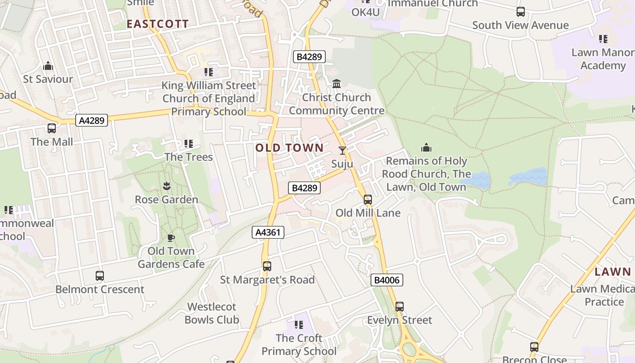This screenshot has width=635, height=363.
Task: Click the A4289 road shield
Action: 92,120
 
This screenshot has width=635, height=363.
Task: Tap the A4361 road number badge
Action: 268,233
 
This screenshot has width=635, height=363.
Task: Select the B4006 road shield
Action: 387,280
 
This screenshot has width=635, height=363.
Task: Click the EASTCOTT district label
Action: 157,24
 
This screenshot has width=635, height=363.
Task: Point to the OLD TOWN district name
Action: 289,148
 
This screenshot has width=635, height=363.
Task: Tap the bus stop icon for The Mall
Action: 52,128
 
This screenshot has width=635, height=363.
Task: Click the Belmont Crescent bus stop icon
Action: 100,276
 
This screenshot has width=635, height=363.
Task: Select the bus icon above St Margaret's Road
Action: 267,266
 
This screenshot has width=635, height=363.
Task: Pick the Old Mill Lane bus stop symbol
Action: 368,200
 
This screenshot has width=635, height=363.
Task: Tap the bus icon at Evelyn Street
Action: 399,307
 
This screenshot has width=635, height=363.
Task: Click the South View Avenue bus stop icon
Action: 521,12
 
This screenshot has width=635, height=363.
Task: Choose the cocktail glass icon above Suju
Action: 342,151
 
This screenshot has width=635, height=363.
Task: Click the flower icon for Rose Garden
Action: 166,186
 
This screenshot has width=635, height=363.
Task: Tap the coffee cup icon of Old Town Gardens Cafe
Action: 171,238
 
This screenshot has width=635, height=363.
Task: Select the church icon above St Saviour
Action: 48,66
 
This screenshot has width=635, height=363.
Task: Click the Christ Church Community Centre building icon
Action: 337,84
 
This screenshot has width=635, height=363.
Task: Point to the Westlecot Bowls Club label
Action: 212,313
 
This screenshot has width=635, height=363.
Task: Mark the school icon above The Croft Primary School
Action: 299,325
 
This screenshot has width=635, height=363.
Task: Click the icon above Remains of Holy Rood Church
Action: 426,147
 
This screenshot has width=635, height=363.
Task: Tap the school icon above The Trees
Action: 189,144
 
